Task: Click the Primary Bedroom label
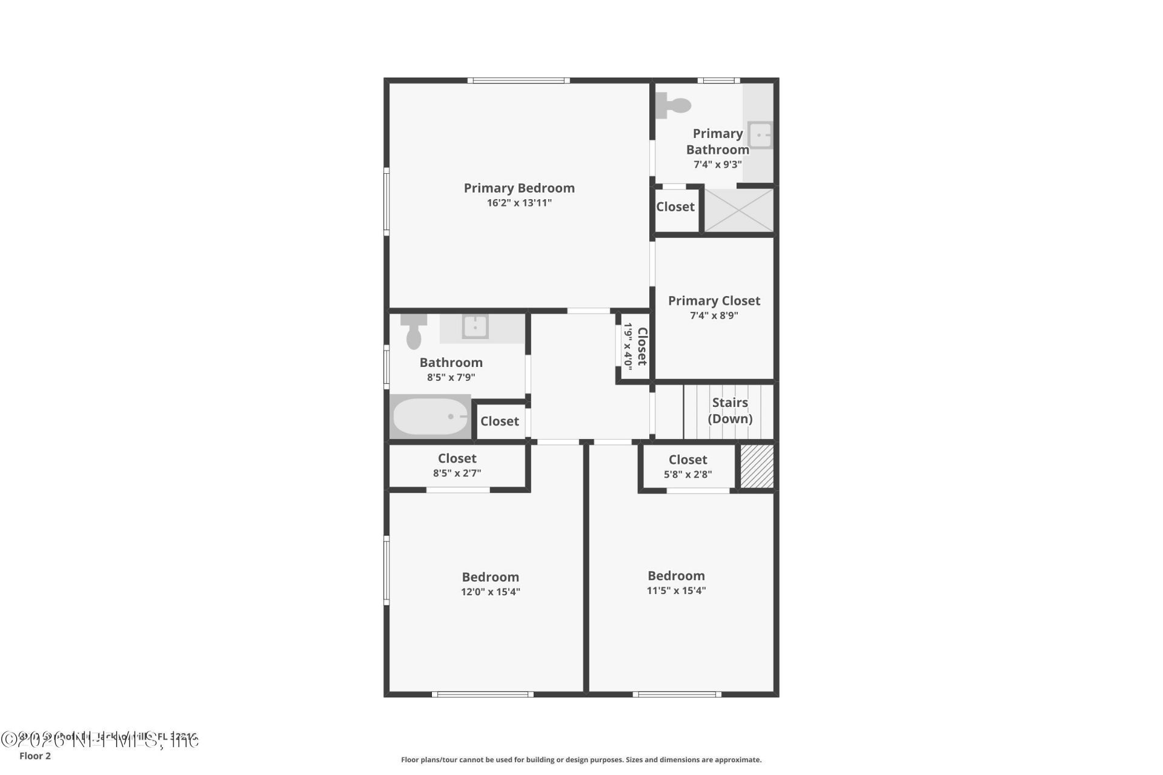click(519, 188)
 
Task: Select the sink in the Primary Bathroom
click(759, 135)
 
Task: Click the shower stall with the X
click(739, 210)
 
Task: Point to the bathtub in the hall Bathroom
click(430, 417)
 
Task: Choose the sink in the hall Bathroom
click(475, 327)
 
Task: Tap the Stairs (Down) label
click(730, 411)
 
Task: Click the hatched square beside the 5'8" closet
click(757, 466)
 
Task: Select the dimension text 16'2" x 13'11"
click(519, 203)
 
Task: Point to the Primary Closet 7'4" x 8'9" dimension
click(714, 315)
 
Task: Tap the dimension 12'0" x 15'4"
click(491, 592)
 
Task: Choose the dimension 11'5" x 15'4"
click(676, 590)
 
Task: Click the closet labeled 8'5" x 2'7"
click(457, 465)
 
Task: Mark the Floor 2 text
click(35, 756)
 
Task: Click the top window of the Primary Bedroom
click(518, 81)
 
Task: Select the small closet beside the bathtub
click(500, 421)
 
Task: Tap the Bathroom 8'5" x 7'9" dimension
click(451, 377)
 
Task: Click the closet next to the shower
click(675, 207)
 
